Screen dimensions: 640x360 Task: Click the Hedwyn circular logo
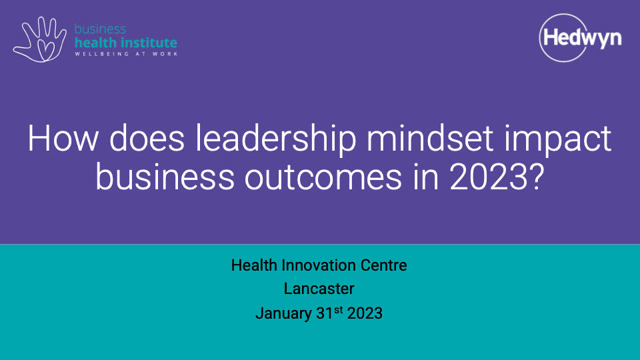580,38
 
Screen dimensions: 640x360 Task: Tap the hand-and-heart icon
39,39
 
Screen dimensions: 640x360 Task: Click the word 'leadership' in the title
276,139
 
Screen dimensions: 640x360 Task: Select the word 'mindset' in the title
430,139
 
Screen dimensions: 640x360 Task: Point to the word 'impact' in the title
558,139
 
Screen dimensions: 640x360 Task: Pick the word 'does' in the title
147,139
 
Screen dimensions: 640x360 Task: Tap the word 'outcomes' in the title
323,177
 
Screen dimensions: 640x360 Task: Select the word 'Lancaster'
319,289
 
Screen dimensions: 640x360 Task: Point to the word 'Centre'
378,265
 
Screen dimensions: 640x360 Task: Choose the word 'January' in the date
284,314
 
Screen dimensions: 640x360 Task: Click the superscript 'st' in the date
339,310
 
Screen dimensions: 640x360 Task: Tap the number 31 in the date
325,313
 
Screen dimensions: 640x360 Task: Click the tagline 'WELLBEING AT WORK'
127,54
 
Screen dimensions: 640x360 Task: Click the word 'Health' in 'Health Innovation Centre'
254,265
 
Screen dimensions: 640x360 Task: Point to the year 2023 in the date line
365,313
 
